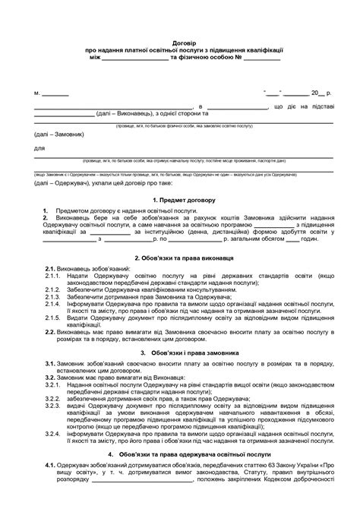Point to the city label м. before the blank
[37, 93]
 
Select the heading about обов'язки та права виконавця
[179, 258]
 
